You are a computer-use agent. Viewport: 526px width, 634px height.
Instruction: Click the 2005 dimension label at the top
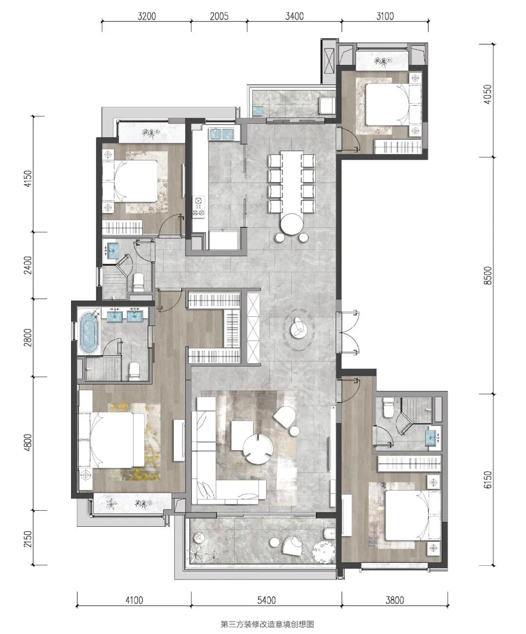pyautogui.click(x=219, y=16)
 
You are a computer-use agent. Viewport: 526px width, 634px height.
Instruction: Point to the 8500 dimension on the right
pyautogui.click(x=488, y=275)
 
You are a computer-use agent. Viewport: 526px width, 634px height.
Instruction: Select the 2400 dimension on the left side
pyautogui.click(x=28, y=265)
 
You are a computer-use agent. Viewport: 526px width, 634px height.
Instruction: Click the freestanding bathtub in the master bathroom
pyautogui.click(x=89, y=333)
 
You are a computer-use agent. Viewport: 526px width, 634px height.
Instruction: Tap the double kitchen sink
pyautogui.click(x=221, y=134)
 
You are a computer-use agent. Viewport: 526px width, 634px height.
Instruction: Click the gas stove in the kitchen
pyautogui.click(x=199, y=207)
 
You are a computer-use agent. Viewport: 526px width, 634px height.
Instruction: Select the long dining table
pyautogui.click(x=291, y=182)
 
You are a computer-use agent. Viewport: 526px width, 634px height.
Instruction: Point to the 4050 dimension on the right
pyautogui.click(x=488, y=95)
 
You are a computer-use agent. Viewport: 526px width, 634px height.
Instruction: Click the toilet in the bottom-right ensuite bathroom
pyautogui.click(x=388, y=407)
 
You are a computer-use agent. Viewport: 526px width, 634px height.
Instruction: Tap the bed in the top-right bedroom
pyautogui.click(x=394, y=104)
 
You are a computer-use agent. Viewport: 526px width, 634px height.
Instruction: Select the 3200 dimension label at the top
pyautogui.click(x=147, y=16)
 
